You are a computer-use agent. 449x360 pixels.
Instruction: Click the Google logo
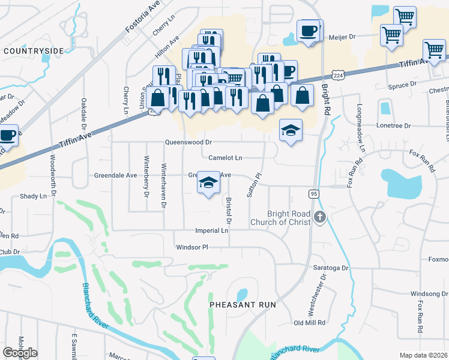pos(20,353)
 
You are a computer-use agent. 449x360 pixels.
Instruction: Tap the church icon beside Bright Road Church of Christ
pos(320,217)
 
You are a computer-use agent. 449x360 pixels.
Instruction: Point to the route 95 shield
pos(313,193)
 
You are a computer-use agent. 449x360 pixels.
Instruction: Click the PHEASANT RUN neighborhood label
pos(243,305)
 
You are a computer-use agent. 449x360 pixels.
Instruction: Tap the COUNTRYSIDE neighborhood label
pos(34,52)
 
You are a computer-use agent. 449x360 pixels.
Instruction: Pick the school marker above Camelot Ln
pos(291,131)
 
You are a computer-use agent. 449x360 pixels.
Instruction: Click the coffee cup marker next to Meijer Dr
pos(309,31)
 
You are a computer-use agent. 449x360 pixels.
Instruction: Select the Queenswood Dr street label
pos(189,142)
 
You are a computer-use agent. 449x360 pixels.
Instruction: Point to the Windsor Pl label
pos(191,247)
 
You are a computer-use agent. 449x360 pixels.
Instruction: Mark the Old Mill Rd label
pos(309,323)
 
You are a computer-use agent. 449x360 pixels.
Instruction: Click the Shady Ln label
pos(33,196)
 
